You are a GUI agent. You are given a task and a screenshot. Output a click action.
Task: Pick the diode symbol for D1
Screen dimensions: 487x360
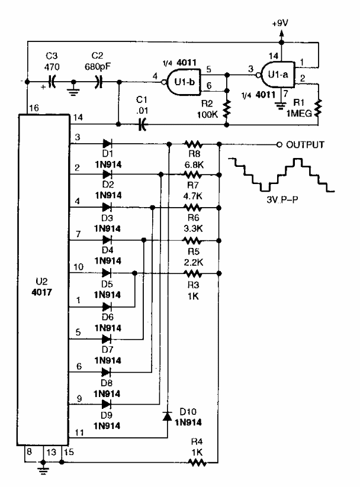107,143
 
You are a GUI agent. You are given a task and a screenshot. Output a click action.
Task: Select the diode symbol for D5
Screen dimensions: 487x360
107,273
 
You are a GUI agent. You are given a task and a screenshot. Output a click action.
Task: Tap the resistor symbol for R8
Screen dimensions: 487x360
192,144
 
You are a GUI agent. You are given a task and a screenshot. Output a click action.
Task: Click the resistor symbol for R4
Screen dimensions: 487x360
192,462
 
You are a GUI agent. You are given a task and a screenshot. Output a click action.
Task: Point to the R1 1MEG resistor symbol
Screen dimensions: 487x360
319,108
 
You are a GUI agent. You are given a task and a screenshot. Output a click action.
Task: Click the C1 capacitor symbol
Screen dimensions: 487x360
142,124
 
